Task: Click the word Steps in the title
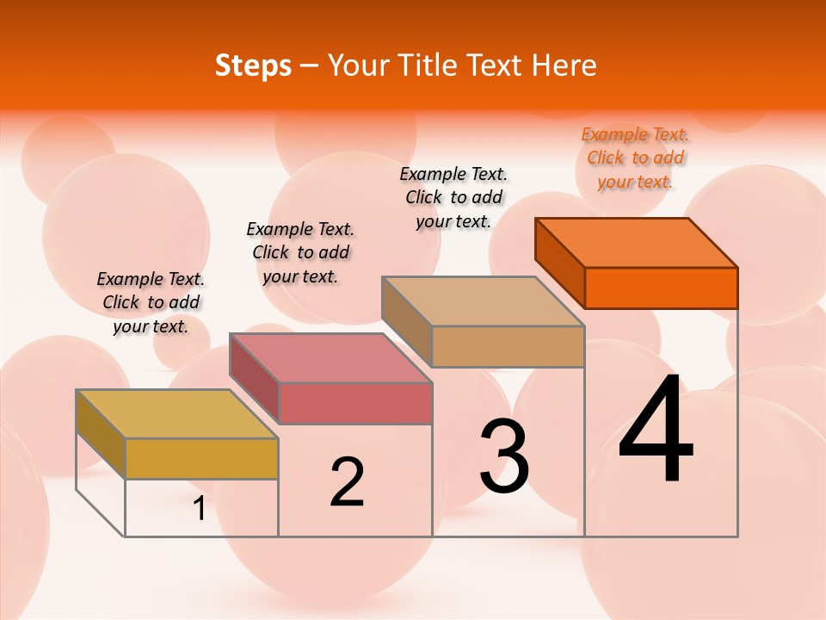253,65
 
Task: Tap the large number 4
656,430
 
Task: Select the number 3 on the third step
504,456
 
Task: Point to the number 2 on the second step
348,483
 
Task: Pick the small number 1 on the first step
200,509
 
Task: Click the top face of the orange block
637,243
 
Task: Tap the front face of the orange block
661,288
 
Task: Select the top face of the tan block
484,301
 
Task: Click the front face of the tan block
508,346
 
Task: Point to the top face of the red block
330,358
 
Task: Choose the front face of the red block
354,403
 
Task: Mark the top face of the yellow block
177,414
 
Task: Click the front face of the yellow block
201,458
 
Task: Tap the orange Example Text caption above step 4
635,158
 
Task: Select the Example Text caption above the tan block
453,197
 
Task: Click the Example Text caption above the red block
300,252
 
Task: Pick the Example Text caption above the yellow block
151,302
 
